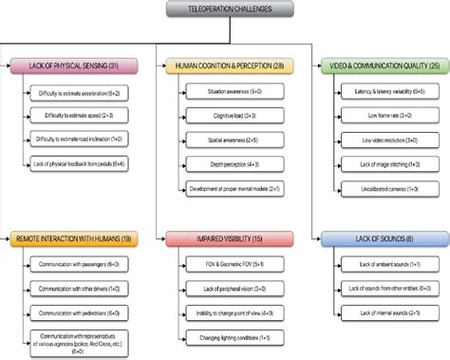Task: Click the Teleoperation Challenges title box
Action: (225, 9)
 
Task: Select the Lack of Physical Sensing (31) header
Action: (70, 67)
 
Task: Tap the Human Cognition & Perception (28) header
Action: (228, 67)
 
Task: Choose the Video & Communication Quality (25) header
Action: (380, 67)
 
